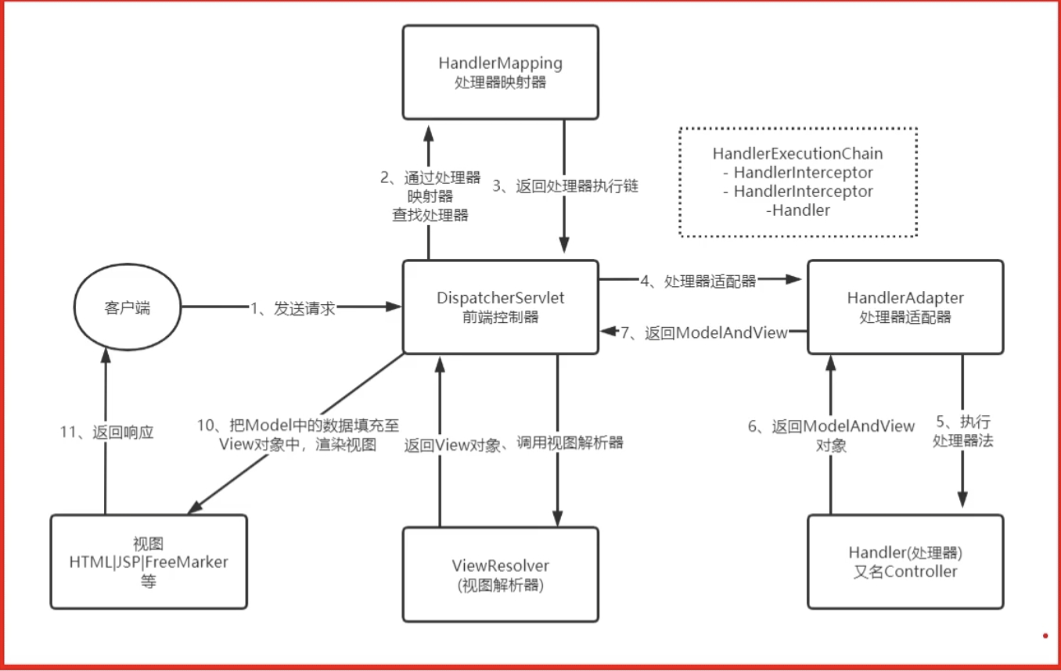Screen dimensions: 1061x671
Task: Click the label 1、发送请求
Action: [x=293, y=309]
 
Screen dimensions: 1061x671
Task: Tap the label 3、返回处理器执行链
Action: [x=566, y=186]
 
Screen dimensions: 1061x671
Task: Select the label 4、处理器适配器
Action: [x=699, y=282]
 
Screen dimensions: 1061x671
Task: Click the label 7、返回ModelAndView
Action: [x=704, y=333]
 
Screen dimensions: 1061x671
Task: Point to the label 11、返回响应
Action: [x=106, y=432]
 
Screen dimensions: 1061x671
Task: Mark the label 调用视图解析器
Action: [x=570, y=443]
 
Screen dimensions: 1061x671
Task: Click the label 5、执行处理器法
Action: [x=962, y=431]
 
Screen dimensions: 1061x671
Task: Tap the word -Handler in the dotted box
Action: [x=798, y=210]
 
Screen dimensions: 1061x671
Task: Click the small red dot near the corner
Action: [x=1045, y=636]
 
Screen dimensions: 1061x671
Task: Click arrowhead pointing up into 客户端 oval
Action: [x=106, y=355]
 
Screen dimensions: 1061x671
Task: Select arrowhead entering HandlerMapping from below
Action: [x=429, y=134]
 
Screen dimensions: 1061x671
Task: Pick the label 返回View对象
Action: [x=452, y=446]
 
